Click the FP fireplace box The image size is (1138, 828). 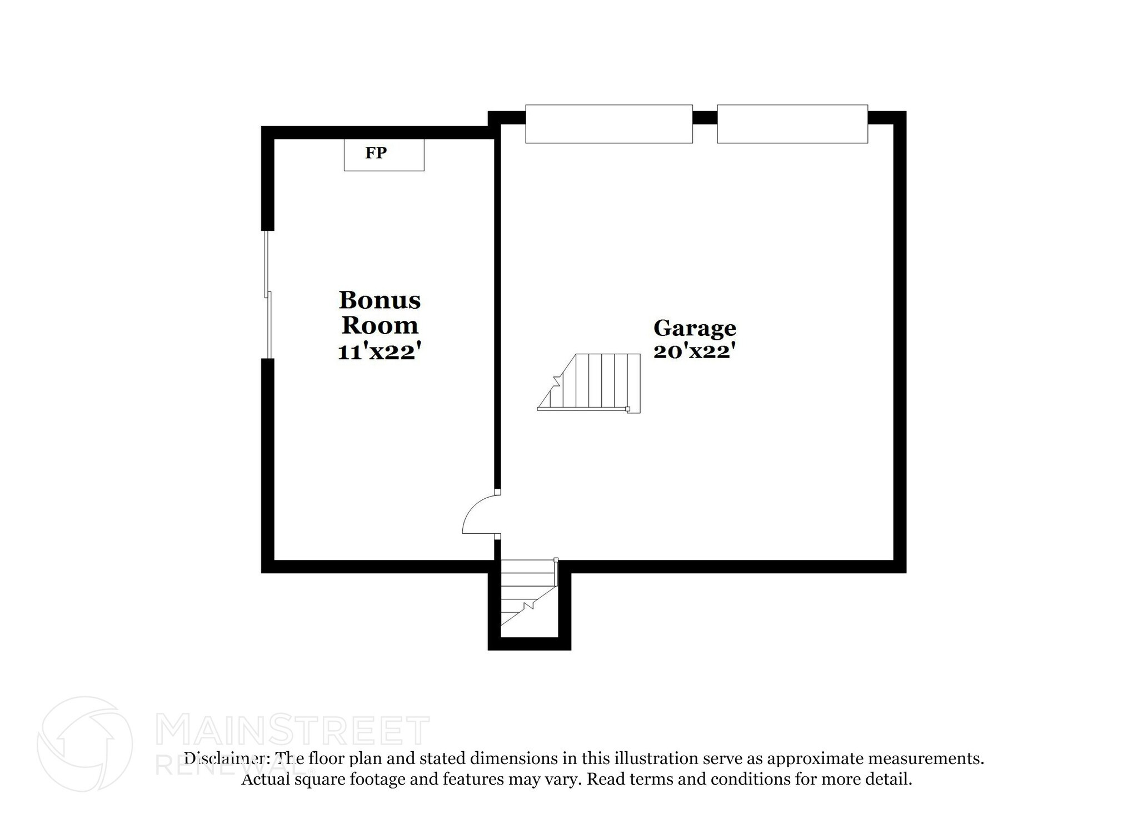pos(384,155)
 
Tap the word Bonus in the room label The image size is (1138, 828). pos(380,300)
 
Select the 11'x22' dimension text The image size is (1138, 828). pos(377,351)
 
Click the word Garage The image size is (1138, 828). pos(695,329)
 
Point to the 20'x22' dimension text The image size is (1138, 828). pos(695,351)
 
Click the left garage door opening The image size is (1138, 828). pos(609,123)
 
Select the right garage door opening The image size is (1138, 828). pos(792,123)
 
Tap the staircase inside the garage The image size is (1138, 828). pos(589,383)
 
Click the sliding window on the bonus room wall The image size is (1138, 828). pos(268,295)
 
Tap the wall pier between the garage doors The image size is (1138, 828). pos(705,117)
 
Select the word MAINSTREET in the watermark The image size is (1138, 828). pos(293,731)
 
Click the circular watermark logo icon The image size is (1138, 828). pos(85,743)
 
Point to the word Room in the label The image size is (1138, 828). pos(380,326)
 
